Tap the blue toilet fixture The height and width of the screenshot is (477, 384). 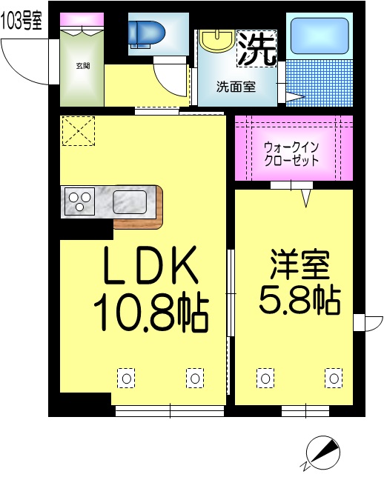[x=148, y=33]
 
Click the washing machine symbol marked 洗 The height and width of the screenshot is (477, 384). [x=256, y=48]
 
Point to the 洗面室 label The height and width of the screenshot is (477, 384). [x=236, y=86]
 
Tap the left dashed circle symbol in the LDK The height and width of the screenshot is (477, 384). [x=126, y=378]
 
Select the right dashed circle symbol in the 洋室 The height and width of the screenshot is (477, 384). [x=334, y=378]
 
